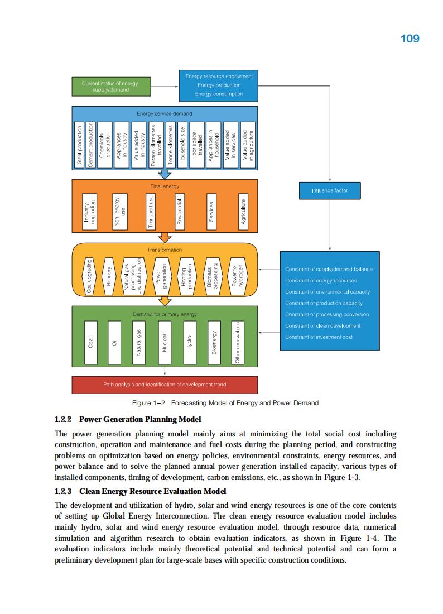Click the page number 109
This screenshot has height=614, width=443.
[x=410, y=39]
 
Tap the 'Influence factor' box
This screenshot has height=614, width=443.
[x=330, y=190]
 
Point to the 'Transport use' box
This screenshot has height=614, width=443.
[x=150, y=211]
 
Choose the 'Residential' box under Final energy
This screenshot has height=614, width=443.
[x=180, y=211]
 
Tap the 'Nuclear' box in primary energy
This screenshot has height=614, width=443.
[x=165, y=342]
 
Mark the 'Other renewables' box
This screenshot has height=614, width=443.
[x=238, y=342]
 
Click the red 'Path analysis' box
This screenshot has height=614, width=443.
[x=165, y=385]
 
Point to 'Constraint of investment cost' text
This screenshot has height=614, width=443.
[x=319, y=337]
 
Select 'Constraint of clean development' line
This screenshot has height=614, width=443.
[x=322, y=326]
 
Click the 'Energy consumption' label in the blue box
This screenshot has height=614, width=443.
[x=219, y=94]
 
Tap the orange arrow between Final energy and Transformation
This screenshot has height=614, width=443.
[x=165, y=237]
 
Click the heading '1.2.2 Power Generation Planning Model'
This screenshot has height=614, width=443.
[x=128, y=419]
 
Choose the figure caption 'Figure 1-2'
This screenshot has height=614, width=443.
[x=145, y=403]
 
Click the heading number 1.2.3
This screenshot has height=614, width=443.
[x=64, y=491]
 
